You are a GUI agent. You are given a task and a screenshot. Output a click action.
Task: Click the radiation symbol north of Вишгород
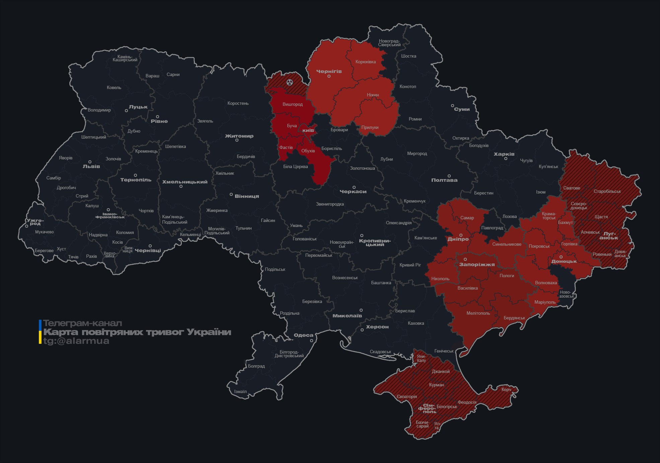click(290, 82)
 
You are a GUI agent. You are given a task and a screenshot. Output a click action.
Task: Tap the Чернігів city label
click(329, 71)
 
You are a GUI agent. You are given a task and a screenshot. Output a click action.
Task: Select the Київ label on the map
click(308, 130)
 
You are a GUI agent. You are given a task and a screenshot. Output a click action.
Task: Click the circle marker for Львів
click(90, 162)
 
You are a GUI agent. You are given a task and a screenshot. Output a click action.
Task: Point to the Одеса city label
click(303, 335)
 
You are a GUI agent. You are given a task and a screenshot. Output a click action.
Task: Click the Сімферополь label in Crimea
click(427, 408)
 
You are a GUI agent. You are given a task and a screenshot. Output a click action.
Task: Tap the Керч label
click(506, 389)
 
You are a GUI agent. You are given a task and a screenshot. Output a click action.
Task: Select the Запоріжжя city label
click(477, 264)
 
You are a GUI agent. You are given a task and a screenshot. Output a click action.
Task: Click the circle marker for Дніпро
click(461, 235)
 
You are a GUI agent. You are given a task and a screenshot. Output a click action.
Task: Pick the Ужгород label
click(35, 222)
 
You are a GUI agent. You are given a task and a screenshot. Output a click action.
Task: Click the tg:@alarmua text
click(76, 341)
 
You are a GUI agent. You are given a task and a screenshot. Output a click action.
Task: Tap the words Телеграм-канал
click(82, 323)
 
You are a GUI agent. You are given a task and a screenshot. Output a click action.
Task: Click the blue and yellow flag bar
click(40, 332)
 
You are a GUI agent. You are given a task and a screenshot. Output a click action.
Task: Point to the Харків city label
click(504, 154)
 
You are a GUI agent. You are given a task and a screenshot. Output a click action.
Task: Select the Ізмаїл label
click(240, 391)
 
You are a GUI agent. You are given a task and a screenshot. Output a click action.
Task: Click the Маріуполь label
click(545, 302)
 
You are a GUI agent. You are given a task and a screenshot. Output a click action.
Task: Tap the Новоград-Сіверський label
click(389, 43)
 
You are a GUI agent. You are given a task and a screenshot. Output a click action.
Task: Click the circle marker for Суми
click(452, 105)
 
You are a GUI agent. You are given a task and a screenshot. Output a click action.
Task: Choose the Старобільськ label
click(607, 191)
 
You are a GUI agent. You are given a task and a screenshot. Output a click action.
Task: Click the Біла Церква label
click(295, 166)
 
